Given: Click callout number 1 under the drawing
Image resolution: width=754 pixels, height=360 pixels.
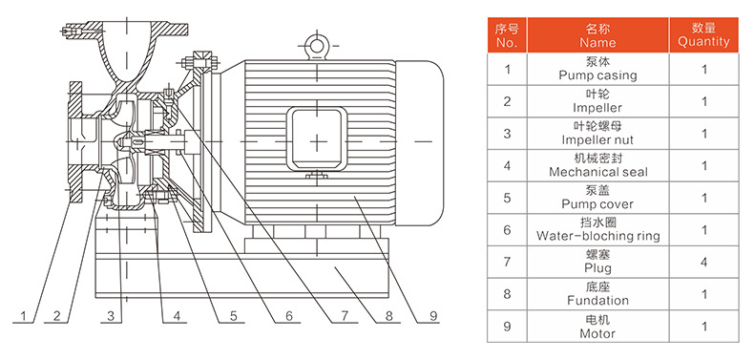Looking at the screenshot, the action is coord(23,316).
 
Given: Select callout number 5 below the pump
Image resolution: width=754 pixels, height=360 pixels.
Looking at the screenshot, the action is coord(233,316).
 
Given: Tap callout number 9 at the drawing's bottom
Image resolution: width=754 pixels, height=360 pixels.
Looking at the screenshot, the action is coord(433,316).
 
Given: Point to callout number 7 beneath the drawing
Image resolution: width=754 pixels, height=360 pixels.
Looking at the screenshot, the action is coord(345,316).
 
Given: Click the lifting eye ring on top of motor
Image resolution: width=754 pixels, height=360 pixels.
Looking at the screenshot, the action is coord(317,45).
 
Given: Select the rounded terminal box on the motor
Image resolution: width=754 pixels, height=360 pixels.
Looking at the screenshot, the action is coord(317,140).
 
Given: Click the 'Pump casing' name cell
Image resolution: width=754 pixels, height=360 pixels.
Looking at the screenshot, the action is coord(597,69).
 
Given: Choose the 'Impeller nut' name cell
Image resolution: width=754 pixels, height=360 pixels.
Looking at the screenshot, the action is coord(597,134).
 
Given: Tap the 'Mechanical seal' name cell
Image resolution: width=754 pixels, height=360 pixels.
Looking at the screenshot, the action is coord(597,165).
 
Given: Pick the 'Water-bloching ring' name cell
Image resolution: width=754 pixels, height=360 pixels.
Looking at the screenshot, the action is coord(597,229).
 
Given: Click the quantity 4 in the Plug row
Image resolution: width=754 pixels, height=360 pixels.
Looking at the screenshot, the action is coord(704,262).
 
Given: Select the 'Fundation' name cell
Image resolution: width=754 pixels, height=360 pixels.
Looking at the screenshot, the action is coord(597,294).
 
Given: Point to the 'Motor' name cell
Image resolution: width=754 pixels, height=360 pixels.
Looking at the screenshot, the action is coord(597,327).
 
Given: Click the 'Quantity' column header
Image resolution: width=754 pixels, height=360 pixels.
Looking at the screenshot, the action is coord(703,34).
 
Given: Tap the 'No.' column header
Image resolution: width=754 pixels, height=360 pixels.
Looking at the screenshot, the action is coord(508,34).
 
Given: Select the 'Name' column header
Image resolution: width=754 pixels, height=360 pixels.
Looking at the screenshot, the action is coord(597,34).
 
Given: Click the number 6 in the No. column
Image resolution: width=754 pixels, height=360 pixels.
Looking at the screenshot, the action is coord(508,230).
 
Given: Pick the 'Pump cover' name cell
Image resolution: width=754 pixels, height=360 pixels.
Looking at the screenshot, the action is coord(597,198).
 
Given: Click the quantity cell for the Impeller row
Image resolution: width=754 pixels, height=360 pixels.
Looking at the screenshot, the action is coord(704,101).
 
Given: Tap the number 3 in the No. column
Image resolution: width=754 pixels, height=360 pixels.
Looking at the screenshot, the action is coord(508,134).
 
